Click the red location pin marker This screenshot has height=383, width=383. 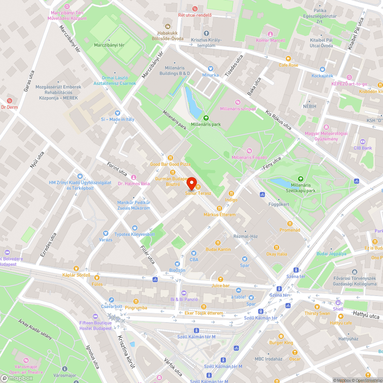(191, 183)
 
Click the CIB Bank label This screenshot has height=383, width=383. (363, 148)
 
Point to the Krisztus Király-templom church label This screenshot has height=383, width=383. (206, 43)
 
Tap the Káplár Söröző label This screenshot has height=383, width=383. (76, 275)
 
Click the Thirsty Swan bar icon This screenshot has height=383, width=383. (317, 307)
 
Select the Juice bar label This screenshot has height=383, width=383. (220, 285)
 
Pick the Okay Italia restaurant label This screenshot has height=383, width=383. (277, 254)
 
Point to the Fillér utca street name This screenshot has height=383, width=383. (147, 254)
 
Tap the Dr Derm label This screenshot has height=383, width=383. (10, 107)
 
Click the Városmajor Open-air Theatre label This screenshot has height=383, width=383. (26, 369)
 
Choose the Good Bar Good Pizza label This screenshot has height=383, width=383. (170, 164)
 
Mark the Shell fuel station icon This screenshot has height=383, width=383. (338, 303)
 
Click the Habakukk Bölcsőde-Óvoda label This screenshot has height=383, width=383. (167, 36)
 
